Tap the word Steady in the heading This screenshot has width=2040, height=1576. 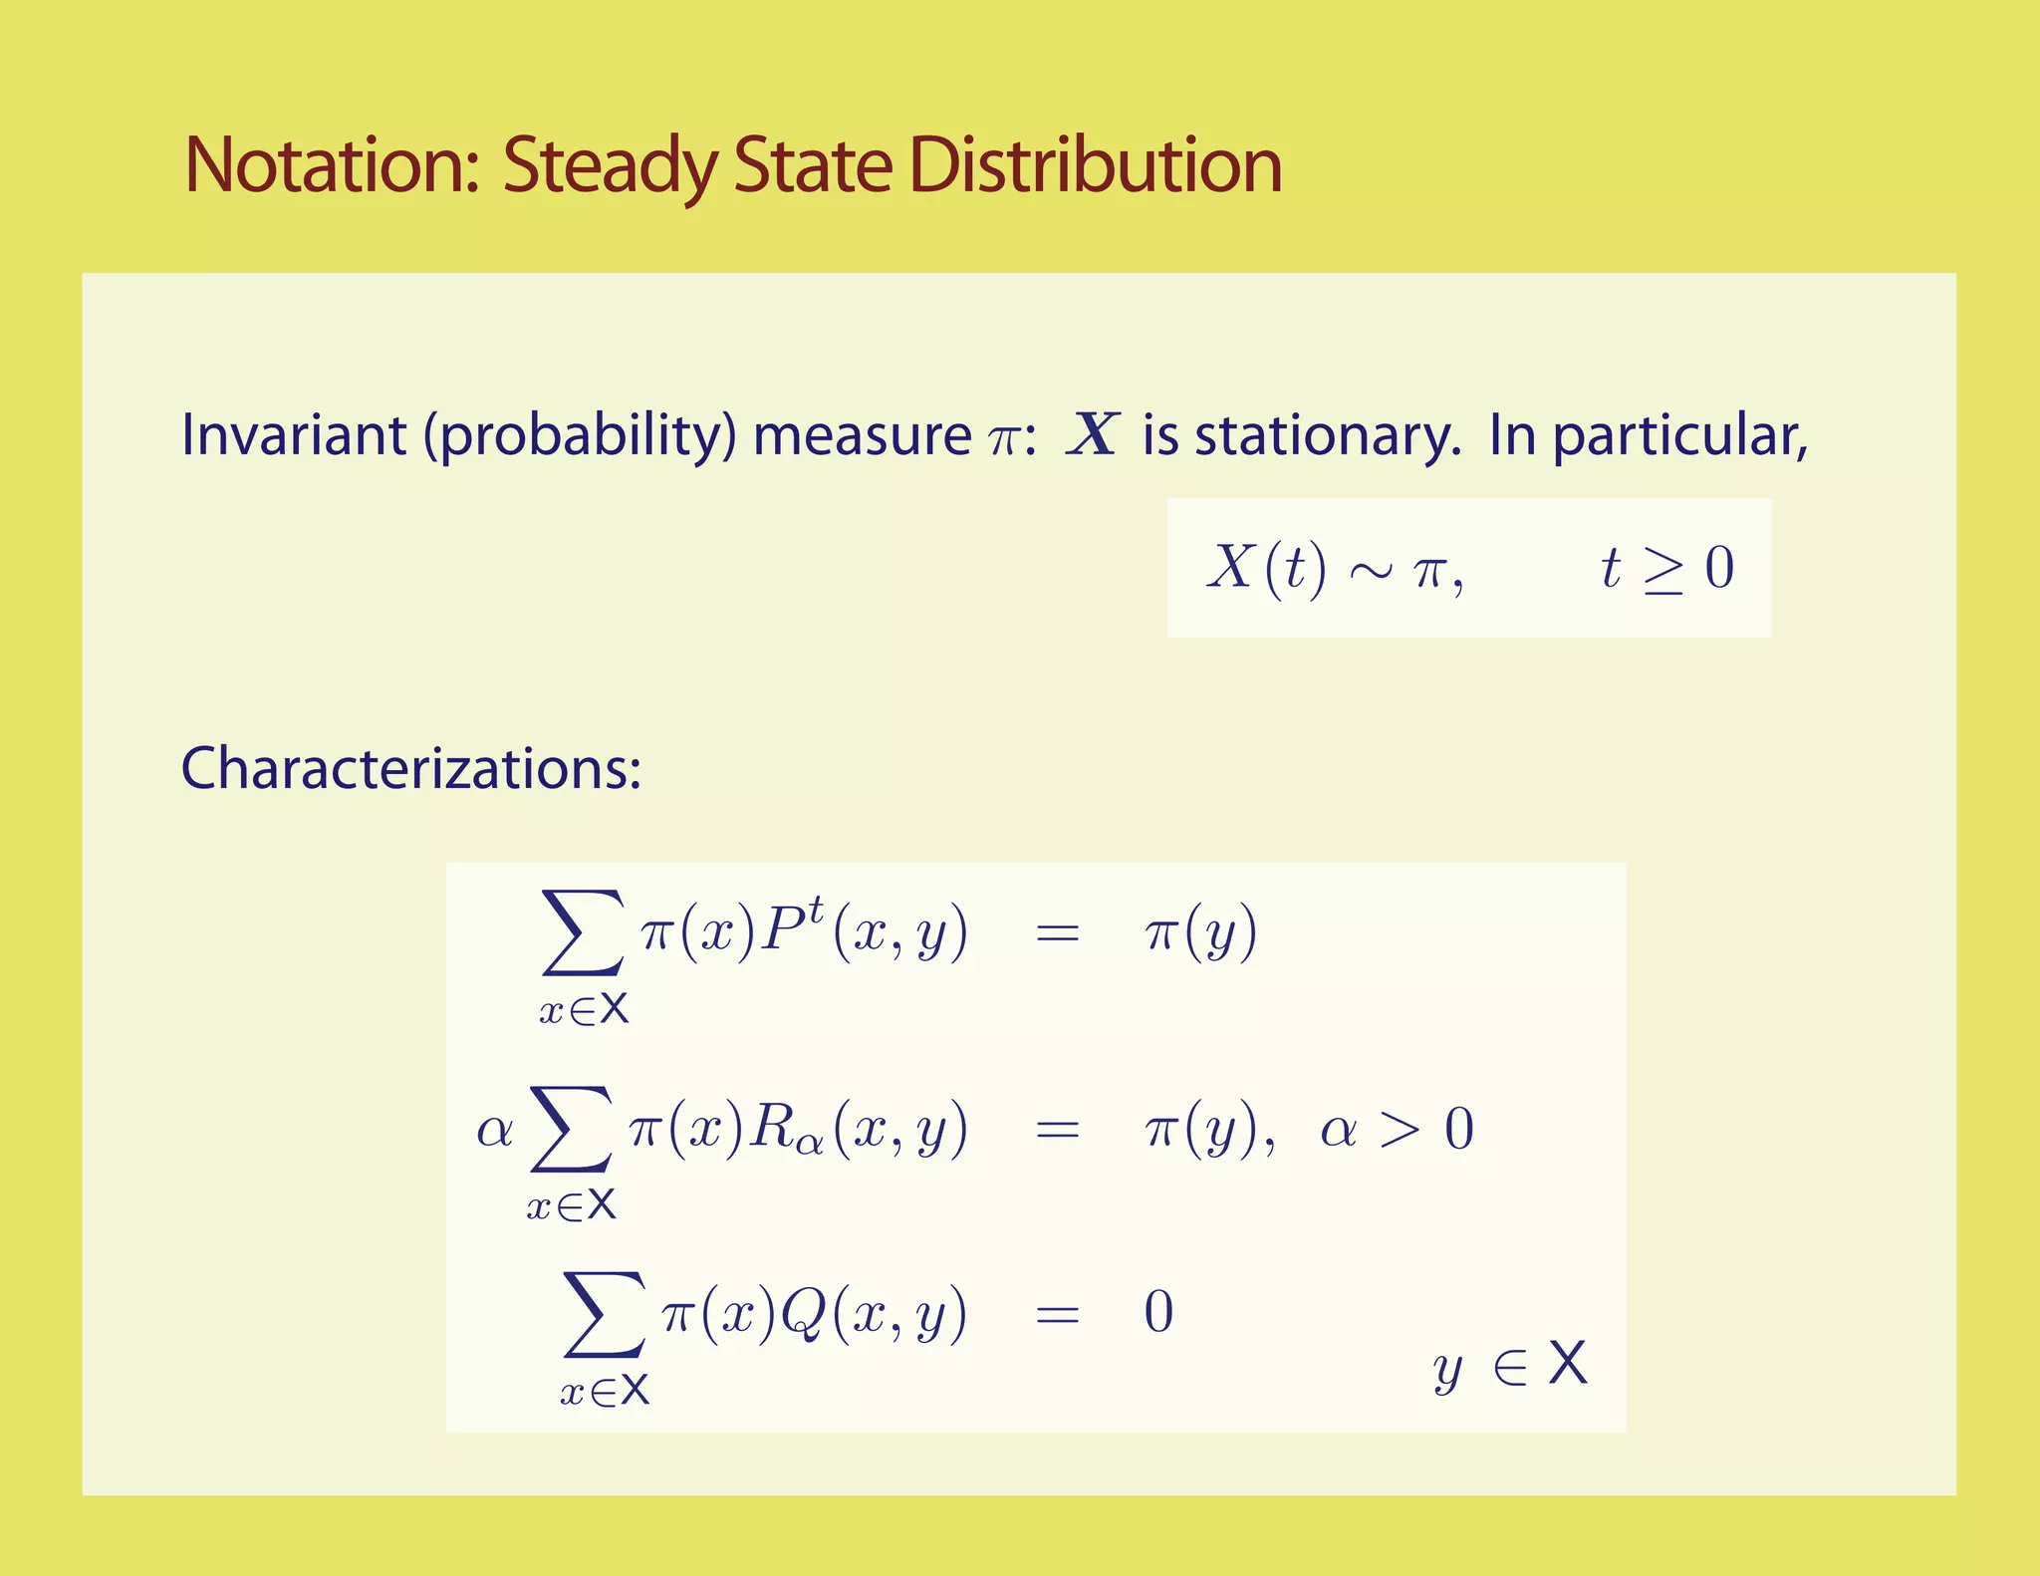pyautogui.click(x=609, y=167)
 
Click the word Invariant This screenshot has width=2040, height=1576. pyautogui.click(x=294, y=435)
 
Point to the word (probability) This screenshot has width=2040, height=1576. pyautogui.click(x=580, y=437)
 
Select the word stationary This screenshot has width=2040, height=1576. pyautogui.click(x=1327, y=437)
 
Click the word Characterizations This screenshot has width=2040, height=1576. pyautogui.click(x=409, y=769)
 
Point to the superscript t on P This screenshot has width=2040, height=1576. pyautogui.click(x=816, y=909)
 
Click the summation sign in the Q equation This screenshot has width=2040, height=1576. pyautogui.click(x=604, y=1314)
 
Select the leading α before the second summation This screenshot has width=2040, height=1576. pyautogui.click(x=494, y=1130)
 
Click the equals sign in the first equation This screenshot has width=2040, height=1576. pyautogui.click(x=1058, y=933)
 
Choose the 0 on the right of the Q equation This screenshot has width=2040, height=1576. pyautogui.click(x=1158, y=1312)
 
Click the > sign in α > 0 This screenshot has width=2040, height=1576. pyautogui.click(x=1400, y=1130)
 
